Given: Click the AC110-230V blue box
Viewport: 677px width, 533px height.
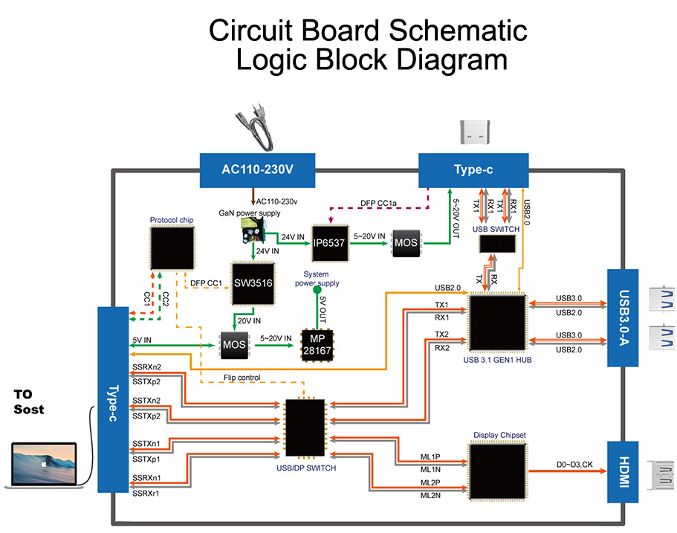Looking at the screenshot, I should tap(258, 170).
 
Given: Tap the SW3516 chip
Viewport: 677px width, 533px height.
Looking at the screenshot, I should tap(253, 282).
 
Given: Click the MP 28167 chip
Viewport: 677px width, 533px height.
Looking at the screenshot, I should tap(317, 344).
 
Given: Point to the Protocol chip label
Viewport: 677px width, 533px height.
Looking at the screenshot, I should tap(172, 221).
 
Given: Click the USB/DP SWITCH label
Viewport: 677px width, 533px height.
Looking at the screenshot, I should tap(305, 468).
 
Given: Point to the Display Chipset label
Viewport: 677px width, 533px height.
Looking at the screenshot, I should tap(499, 436).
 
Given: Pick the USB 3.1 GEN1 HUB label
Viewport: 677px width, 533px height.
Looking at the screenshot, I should tap(498, 361).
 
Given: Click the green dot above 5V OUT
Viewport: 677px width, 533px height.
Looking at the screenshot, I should tap(317, 291).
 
